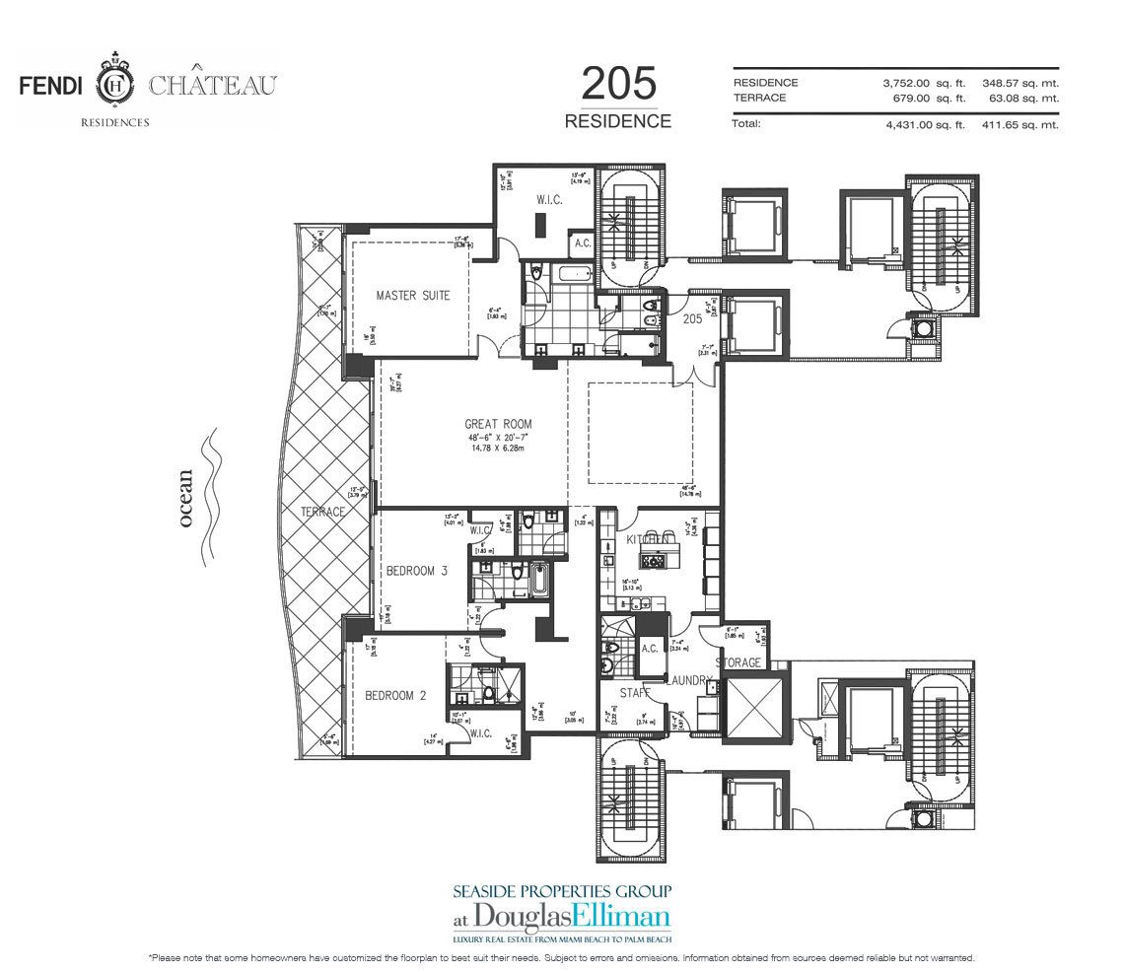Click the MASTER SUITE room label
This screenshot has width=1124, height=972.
[413, 296]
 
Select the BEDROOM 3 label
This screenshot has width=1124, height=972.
[417, 570]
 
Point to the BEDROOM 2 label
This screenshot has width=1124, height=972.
[395, 695]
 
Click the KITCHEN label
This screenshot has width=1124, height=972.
[650, 539]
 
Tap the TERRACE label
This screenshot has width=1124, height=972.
[323, 512]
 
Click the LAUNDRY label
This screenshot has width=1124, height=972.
[689, 680]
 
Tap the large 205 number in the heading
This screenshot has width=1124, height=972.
[618, 86]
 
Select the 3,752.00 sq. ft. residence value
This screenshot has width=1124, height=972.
[924, 83]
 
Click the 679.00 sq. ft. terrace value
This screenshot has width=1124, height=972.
[929, 98]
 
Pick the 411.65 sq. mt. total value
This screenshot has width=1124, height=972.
[1020, 125]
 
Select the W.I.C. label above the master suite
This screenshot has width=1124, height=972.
[548, 200]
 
